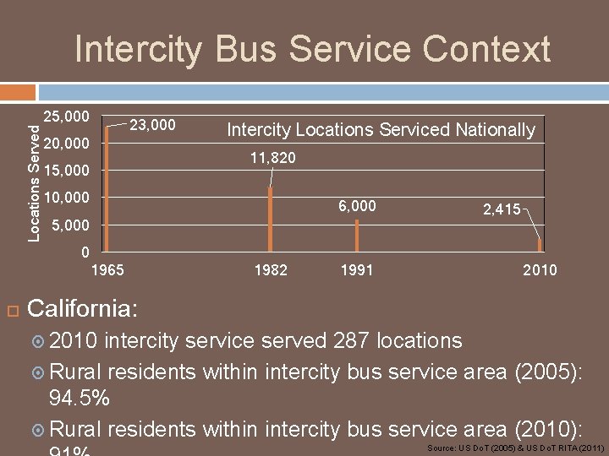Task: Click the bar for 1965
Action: [x=107, y=188]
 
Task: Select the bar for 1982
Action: [x=270, y=219]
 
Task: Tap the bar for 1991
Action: [x=357, y=235]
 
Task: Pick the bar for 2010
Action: [x=540, y=245]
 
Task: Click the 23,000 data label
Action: [x=152, y=126]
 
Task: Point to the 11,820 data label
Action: [x=272, y=158]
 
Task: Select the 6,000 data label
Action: [x=357, y=207]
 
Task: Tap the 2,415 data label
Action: [x=502, y=209]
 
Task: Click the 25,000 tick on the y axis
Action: [x=66, y=115]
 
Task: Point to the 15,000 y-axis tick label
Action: [x=66, y=171]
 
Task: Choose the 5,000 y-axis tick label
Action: [x=70, y=225]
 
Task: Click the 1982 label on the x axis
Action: [x=271, y=270]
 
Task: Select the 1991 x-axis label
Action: [x=356, y=270]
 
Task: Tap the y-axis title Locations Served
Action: [x=34, y=182]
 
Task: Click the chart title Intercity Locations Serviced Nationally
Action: [x=381, y=130]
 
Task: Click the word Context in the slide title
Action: [x=486, y=49]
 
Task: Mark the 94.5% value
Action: [x=80, y=397]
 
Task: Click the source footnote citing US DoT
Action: [x=515, y=447]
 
